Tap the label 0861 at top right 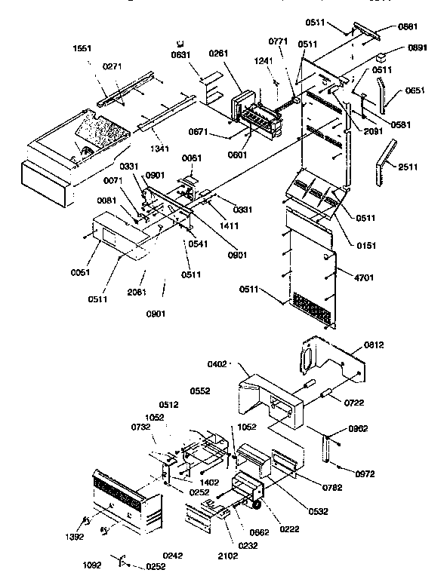coord(408,27)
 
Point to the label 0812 coord(375,345)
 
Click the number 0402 coord(217,365)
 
